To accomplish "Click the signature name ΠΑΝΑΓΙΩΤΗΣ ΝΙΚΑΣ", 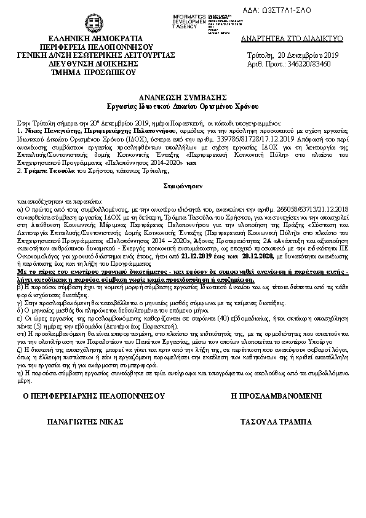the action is (86, 422).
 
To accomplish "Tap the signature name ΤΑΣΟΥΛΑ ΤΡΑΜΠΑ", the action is (277, 422).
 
